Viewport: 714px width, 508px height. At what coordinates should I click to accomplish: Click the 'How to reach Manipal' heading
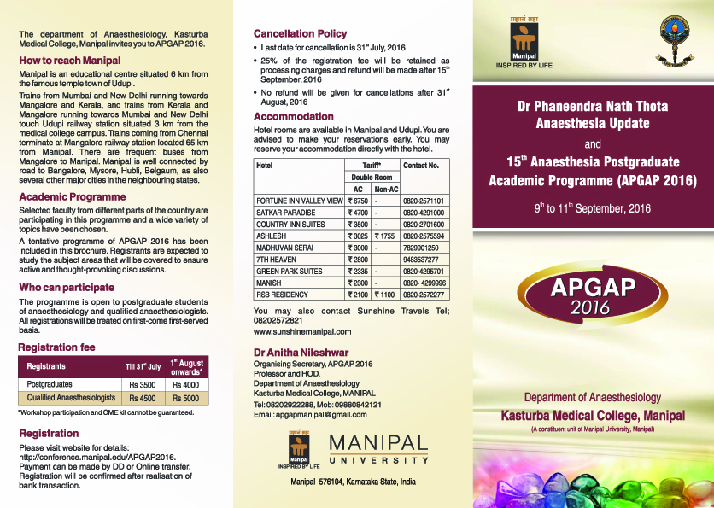70,61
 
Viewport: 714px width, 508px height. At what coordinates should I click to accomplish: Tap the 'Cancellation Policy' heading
301,34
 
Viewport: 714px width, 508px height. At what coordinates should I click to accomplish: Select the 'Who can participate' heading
67,288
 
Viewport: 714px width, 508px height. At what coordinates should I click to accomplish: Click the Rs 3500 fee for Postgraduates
143,385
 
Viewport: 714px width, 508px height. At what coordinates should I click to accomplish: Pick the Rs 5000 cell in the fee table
185,398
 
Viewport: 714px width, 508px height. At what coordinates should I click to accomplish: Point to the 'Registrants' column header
46,367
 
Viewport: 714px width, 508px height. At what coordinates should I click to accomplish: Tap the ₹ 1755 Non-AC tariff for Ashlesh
385,236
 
